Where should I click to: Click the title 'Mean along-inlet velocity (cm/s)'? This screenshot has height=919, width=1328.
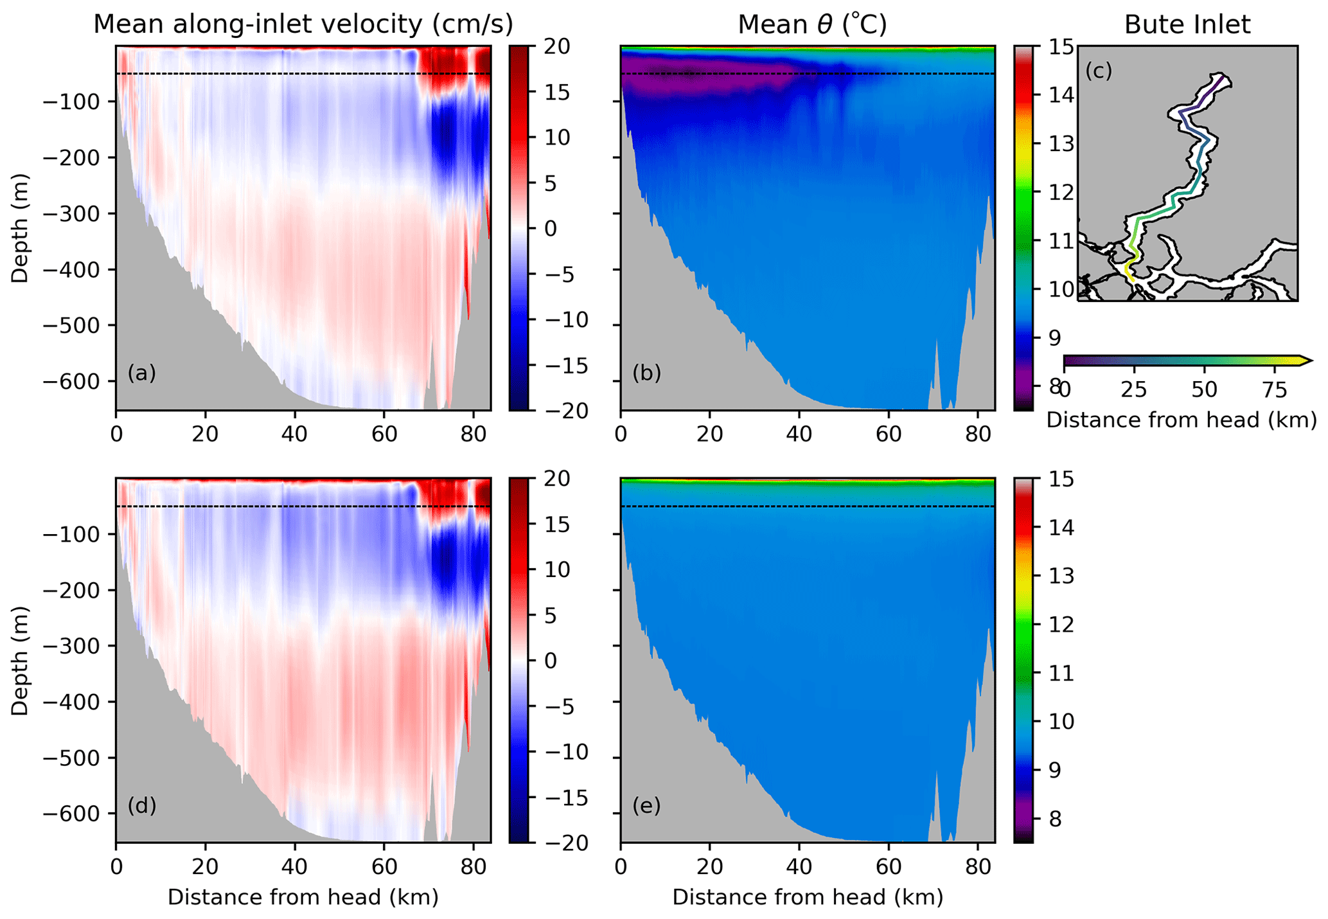coord(303,24)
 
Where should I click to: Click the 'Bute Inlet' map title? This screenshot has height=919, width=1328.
coord(1187,24)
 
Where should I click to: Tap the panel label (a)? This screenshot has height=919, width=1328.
coord(142,373)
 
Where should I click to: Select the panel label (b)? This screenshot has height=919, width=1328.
coord(646,373)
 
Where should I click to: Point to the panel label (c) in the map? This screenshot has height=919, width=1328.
coord(1098,71)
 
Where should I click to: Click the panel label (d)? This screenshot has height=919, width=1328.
coord(142,805)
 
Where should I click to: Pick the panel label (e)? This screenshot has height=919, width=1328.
coord(646,805)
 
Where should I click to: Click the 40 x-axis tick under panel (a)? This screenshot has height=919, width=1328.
coord(295,434)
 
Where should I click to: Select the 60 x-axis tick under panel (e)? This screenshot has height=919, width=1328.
coord(889,866)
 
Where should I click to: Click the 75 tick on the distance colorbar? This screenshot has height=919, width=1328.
coord(1274,390)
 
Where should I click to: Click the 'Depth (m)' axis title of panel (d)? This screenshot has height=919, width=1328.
coord(20,660)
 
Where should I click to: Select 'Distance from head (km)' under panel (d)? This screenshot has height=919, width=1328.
coord(303,897)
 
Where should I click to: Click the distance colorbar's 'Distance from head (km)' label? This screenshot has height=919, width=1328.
coord(1182,420)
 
